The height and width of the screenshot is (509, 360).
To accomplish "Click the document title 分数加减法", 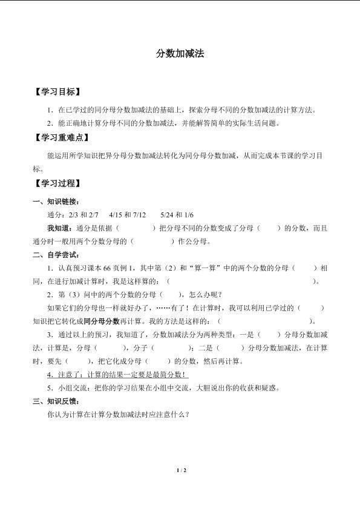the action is click(180, 54).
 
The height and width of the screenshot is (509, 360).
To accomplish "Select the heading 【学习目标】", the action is click(57, 93).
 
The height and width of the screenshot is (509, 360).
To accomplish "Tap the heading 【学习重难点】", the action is click(61, 137).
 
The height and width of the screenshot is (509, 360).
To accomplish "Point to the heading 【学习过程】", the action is click(57, 183).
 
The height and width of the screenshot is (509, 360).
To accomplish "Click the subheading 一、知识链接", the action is click(56, 202).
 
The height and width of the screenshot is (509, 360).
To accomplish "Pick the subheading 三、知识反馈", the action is click(56, 401).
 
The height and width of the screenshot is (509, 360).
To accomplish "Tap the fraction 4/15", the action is click(116, 215).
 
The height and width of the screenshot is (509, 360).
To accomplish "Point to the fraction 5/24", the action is click(167, 215).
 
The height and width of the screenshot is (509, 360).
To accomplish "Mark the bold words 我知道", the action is click(57, 228).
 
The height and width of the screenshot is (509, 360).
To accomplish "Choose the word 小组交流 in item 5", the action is click(71, 389).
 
